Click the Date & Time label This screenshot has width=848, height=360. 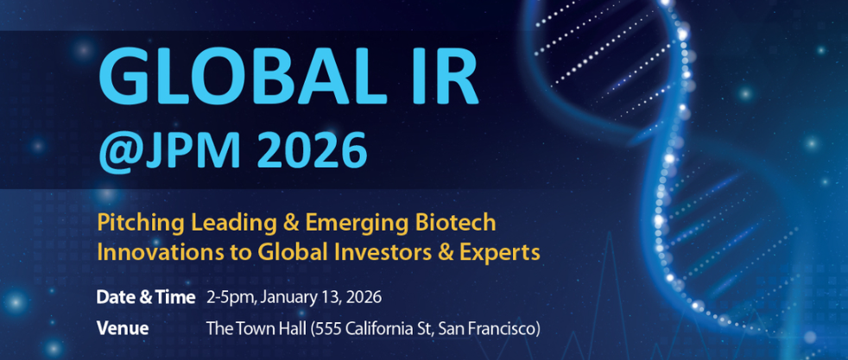click(x=145, y=297)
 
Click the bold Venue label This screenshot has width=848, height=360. click(x=123, y=328)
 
